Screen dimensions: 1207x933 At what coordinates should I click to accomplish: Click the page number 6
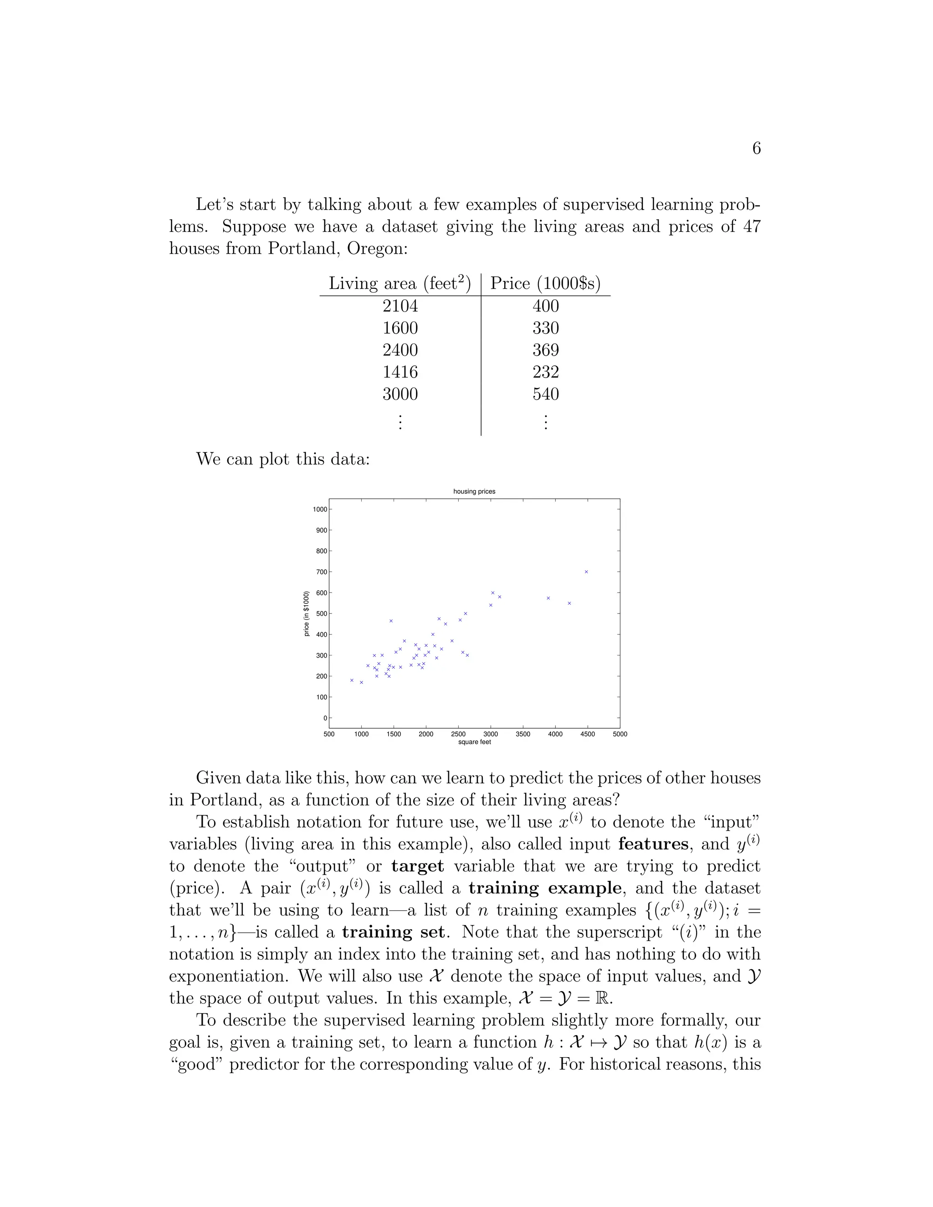click(x=756, y=148)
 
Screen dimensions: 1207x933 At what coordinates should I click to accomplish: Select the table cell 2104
click(x=400, y=306)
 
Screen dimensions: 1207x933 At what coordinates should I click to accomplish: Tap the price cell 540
click(x=545, y=394)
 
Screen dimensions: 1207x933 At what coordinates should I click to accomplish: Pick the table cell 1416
click(x=400, y=372)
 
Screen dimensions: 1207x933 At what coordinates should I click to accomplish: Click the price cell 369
click(x=545, y=350)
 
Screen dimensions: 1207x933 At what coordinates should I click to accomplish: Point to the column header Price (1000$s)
click(x=545, y=283)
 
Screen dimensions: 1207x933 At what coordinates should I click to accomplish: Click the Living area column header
click(x=400, y=283)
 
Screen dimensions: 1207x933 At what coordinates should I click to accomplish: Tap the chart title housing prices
click(x=474, y=491)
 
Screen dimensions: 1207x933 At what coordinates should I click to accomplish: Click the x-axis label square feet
click(x=474, y=742)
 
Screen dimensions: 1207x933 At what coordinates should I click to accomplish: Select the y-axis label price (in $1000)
click(x=307, y=614)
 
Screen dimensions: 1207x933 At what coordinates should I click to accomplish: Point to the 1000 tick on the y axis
click(x=319, y=509)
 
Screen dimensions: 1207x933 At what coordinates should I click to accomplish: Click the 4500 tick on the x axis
click(x=588, y=734)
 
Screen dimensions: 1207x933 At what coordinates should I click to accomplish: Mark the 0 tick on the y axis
click(x=325, y=718)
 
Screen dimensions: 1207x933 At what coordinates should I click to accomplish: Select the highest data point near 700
click(x=586, y=572)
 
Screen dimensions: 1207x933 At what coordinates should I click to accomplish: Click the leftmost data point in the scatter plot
click(x=352, y=680)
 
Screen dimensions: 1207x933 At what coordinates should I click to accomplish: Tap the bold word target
click(x=417, y=866)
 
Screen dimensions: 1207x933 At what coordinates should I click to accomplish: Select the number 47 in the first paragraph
click(x=752, y=226)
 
